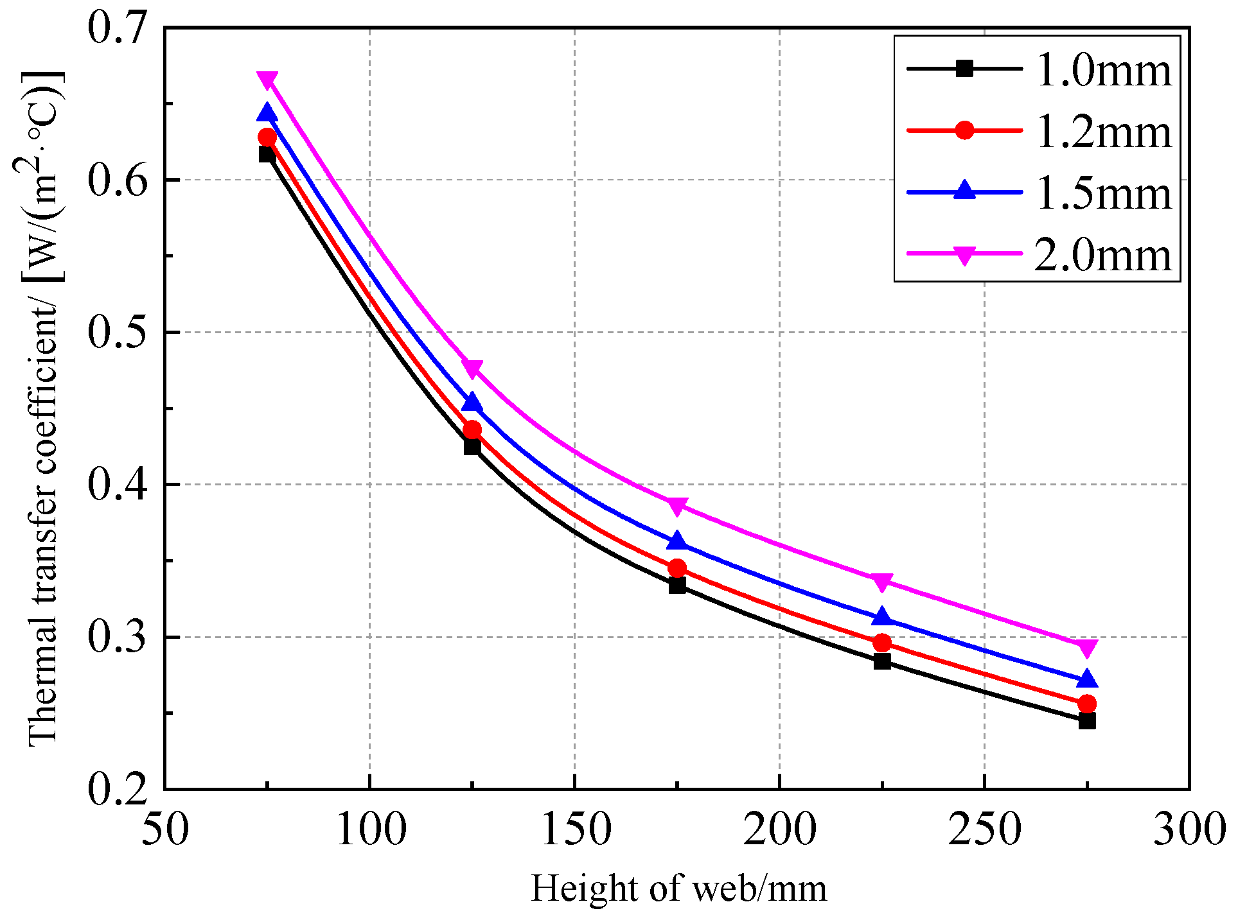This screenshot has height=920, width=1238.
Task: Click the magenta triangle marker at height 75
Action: [267, 80]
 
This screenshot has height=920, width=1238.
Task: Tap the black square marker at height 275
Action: [1087, 720]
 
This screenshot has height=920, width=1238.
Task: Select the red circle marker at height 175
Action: [677, 568]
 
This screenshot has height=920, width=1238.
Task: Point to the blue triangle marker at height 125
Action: [472, 403]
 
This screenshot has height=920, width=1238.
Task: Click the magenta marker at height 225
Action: [882, 582]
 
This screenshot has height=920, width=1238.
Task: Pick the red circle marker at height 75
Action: [267, 137]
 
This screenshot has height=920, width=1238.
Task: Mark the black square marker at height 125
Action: [472, 446]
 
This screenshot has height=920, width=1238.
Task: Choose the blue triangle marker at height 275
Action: [1087, 679]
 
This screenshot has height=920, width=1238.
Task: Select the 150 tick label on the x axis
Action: [575, 829]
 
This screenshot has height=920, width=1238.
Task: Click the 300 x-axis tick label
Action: [1189, 829]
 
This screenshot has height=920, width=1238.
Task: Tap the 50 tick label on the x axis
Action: [165, 829]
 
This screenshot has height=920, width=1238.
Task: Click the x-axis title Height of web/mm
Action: [678, 889]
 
